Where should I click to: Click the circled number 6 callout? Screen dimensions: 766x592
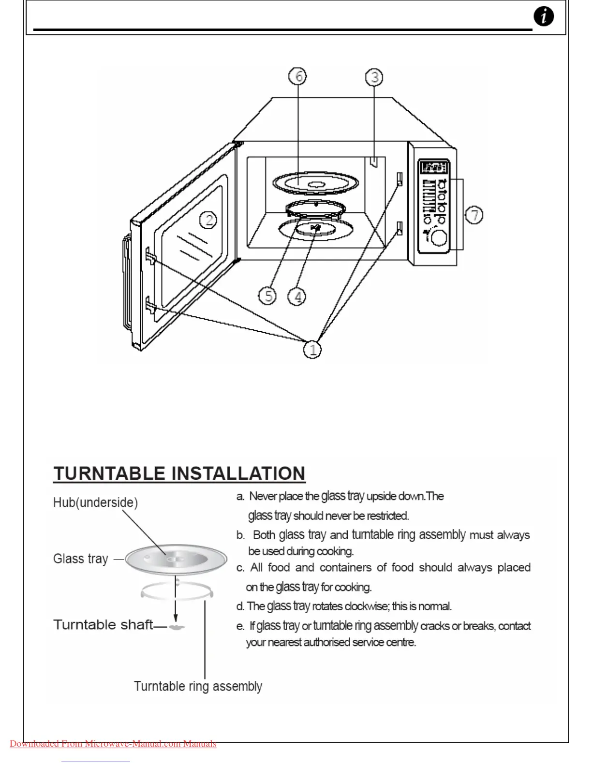298,76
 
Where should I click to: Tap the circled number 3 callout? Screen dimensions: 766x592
374,77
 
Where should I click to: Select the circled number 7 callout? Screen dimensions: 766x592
474,215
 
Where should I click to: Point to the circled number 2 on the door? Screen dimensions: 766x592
208,220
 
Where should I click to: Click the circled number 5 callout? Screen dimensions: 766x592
267,295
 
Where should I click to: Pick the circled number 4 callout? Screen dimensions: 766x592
297,296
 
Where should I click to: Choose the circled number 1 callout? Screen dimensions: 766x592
312,349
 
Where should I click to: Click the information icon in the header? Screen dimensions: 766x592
544,17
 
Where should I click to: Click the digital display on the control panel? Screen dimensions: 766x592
434,168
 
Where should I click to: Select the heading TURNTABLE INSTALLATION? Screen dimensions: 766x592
179,473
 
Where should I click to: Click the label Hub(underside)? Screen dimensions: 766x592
95,502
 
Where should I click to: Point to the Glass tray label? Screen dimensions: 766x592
80,559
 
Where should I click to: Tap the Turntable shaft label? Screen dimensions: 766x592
103,625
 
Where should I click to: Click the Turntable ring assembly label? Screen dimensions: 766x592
198,686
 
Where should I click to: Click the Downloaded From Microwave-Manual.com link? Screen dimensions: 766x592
113,744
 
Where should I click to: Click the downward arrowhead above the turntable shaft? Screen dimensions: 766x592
176,618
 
